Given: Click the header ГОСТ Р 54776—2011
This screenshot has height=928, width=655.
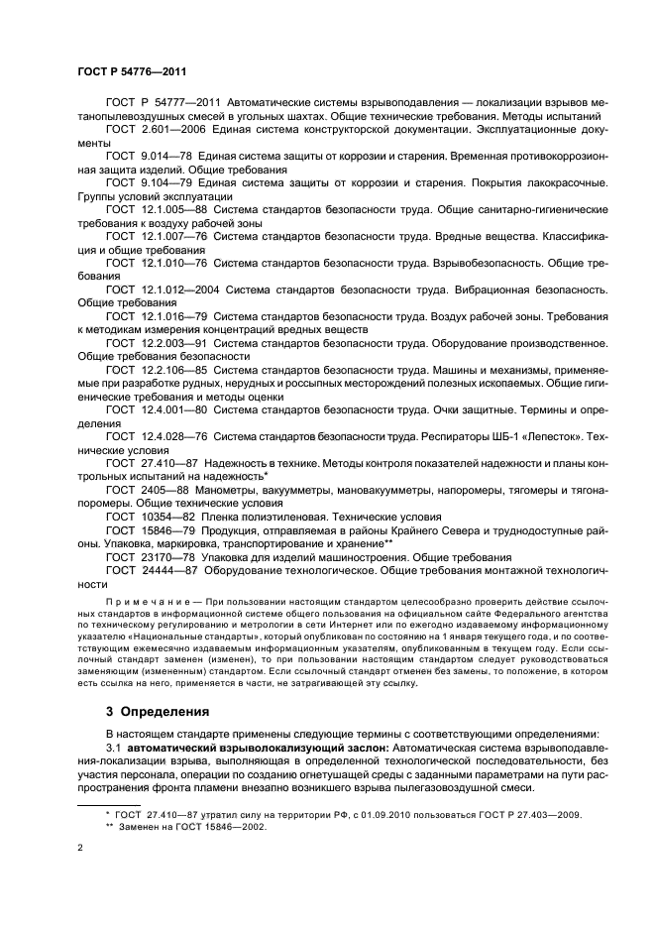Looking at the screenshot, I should click(x=131, y=72).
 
